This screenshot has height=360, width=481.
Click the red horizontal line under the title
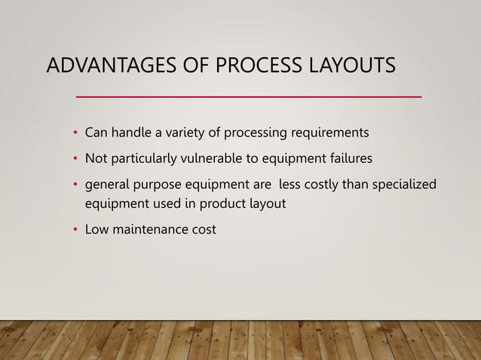(250, 97)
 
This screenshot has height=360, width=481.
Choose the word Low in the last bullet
(96, 229)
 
